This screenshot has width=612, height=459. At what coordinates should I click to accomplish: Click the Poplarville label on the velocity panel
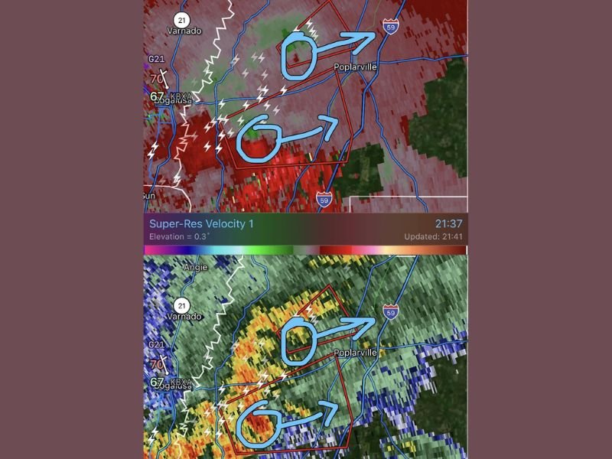coord(356,67)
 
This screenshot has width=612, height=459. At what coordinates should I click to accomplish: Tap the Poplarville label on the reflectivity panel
coord(356,353)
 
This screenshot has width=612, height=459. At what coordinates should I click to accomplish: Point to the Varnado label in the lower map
coord(184,316)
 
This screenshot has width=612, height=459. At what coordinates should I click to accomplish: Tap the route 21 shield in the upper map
coord(181,19)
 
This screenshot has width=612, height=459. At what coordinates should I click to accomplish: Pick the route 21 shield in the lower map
coord(182,304)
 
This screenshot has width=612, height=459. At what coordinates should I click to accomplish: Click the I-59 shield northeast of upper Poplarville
coord(390,28)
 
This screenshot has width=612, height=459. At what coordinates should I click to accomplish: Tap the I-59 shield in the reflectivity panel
coord(390,311)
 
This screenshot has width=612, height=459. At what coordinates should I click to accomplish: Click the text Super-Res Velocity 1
coord(200,223)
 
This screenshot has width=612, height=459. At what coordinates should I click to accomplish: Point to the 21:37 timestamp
coord(450,223)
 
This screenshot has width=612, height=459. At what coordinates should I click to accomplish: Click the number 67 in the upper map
coord(158,96)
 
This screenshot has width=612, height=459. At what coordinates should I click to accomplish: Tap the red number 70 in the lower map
coord(157,364)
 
